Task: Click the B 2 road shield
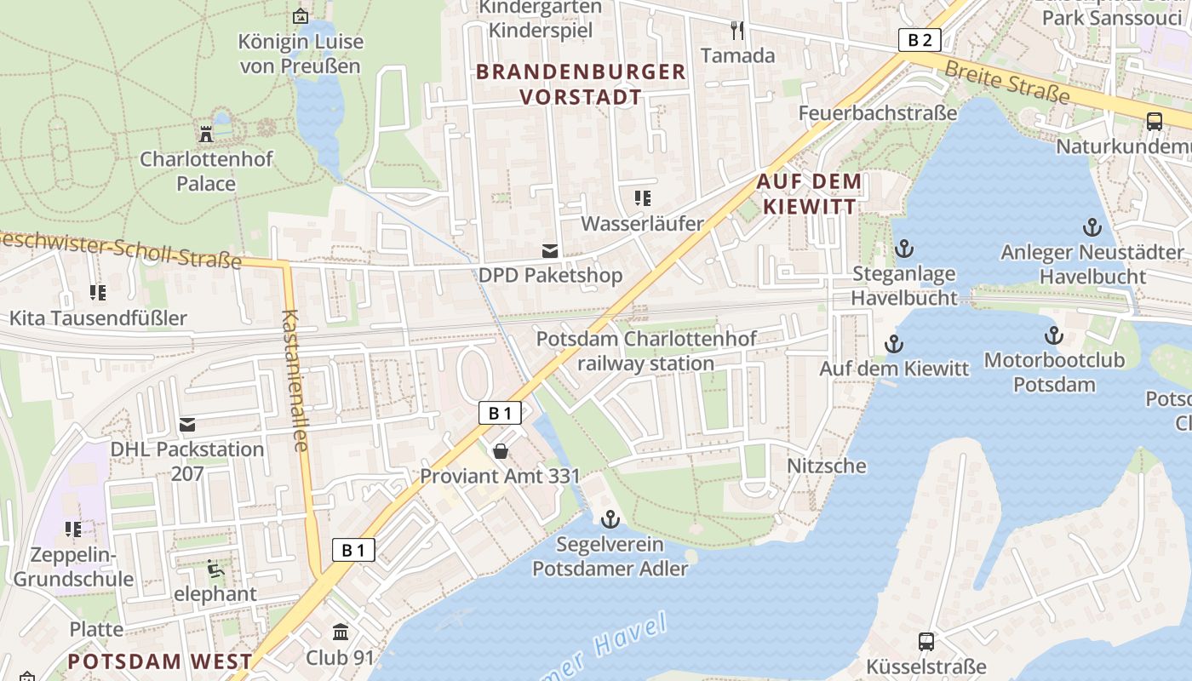click(920, 39)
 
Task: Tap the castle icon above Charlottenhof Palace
click(205, 134)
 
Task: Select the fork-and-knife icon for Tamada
click(737, 31)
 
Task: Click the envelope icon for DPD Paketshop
click(550, 250)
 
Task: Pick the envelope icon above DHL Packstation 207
click(187, 424)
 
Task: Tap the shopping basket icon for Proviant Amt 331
click(501, 450)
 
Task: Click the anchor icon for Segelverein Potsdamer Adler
click(610, 518)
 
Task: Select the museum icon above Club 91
click(341, 632)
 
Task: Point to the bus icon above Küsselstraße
click(926, 641)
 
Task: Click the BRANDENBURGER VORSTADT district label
click(582, 84)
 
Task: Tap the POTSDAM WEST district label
click(160, 661)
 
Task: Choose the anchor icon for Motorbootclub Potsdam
click(1054, 335)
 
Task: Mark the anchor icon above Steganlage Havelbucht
click(904, 249)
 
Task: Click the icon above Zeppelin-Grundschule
click(73, 529)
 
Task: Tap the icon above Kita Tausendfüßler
click(98, 293)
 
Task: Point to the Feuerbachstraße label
click(877, 112)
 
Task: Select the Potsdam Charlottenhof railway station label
click(646, 351)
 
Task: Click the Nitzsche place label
click(826, 466)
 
